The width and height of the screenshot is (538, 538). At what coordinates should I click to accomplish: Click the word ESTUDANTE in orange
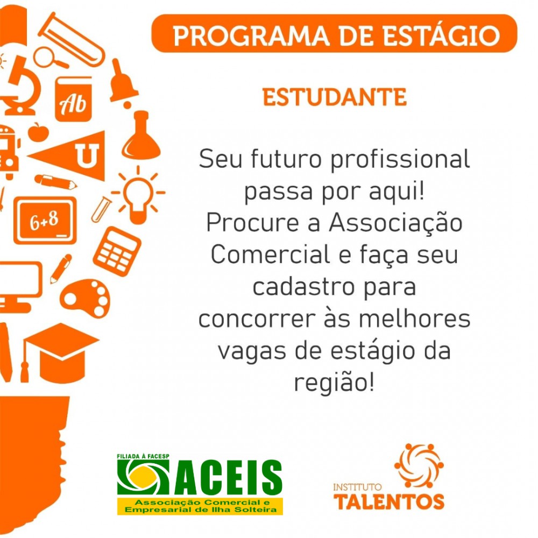point(335,97)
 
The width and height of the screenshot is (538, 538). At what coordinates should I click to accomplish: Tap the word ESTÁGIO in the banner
point(441,36)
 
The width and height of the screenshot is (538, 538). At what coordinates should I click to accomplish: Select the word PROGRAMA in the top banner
point(251,36)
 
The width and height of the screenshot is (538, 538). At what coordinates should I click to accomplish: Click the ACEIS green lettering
point(228,478)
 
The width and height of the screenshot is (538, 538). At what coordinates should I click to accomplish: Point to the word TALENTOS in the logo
point(389,502)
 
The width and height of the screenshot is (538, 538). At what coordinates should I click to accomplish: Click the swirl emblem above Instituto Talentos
point(419,465)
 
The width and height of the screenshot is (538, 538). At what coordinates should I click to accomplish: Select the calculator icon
point(117,251)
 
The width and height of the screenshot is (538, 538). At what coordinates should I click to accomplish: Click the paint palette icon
point(86,298)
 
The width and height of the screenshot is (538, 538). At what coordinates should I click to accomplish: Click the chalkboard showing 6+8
point(45,221)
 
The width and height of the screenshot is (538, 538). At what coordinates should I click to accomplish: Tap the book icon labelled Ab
point(73,99)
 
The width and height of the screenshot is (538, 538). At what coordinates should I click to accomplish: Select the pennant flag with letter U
point(69,156)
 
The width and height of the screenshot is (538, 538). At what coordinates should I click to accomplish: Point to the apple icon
point(38,132)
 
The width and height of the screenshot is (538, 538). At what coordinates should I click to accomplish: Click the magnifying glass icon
point(50,58)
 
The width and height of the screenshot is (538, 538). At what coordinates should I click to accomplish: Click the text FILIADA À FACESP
point(143,456)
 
